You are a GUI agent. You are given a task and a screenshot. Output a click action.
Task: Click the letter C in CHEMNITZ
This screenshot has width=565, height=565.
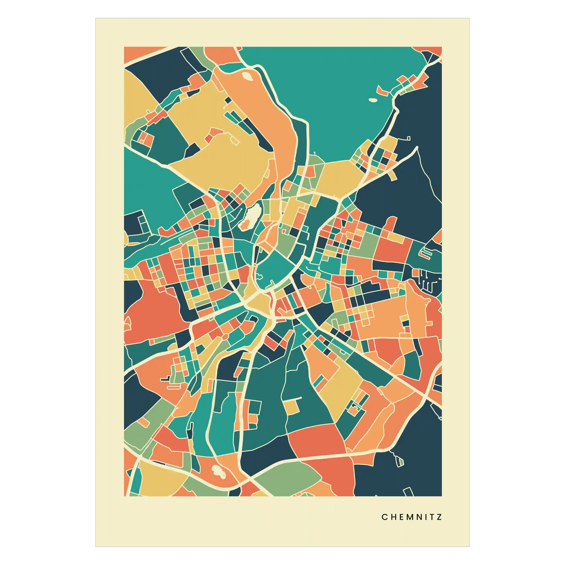point(384,517)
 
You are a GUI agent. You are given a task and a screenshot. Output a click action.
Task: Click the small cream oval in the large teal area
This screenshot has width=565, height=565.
point(373,100)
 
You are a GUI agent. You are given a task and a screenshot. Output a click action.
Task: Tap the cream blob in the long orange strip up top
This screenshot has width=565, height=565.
point(247,75)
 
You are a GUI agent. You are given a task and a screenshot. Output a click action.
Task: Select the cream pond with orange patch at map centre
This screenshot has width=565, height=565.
point(251,217)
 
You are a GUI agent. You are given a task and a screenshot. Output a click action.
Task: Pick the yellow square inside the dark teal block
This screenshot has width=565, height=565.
point(291,407)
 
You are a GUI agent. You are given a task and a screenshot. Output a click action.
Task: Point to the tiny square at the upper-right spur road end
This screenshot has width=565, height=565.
point(409,138)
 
